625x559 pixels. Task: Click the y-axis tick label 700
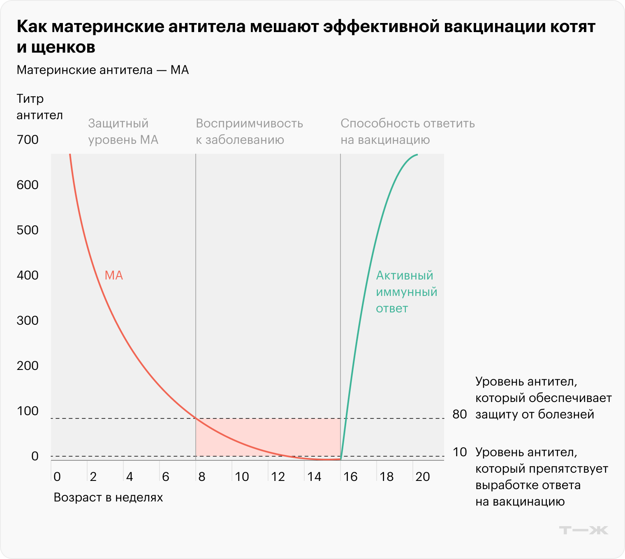(x=28, y=140)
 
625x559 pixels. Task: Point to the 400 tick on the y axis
(x=28, y=275)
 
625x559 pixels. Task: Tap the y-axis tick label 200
(x=28, y=366)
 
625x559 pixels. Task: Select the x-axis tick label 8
(x=202, y=477)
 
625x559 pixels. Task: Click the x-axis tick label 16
(x=350, y=477)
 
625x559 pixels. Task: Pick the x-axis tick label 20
(x=423, y=477)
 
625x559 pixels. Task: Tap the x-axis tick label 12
(x=278, y=477)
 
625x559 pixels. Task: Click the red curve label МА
(x=114, y=275)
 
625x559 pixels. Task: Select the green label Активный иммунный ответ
(x=406, y=292)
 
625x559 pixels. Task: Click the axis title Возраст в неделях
(x=109, y=497)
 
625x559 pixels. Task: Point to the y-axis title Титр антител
(x=39, y=107)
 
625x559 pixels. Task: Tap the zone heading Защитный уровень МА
(x=123, y=132)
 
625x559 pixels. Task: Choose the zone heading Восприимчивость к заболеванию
(x=249, y=132)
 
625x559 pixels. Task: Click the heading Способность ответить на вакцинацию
(x=407, y=132)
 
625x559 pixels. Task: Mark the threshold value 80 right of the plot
(x=460, y=414)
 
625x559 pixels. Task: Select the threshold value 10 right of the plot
(x=460, y=452)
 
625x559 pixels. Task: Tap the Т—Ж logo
(x=583, y=530)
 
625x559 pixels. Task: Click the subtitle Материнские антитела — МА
(x=103, y=70)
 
